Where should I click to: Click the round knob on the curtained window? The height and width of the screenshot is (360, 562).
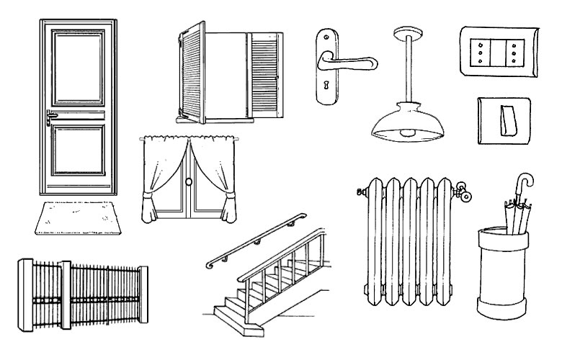191,184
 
